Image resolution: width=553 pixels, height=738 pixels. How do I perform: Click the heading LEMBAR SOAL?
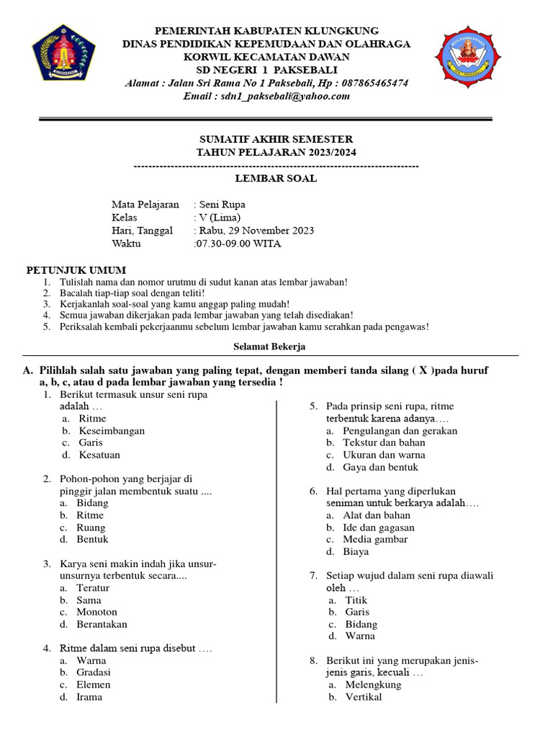[276, 179]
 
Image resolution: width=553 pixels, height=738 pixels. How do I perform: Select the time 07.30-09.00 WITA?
[238, 244]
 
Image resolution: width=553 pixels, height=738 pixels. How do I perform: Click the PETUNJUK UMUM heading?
[71, 270]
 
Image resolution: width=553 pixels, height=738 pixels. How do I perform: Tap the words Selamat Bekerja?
[269, 347]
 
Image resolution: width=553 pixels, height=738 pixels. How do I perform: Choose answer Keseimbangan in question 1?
[112, 431]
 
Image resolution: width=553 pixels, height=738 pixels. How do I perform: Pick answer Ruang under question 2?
[91, 528]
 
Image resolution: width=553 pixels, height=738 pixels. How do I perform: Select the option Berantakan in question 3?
[102, 624]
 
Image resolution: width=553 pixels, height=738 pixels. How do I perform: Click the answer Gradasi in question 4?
[94, 672]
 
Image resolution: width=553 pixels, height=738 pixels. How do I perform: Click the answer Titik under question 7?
[356, 600]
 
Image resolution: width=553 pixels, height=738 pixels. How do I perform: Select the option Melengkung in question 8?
[373, 685]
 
